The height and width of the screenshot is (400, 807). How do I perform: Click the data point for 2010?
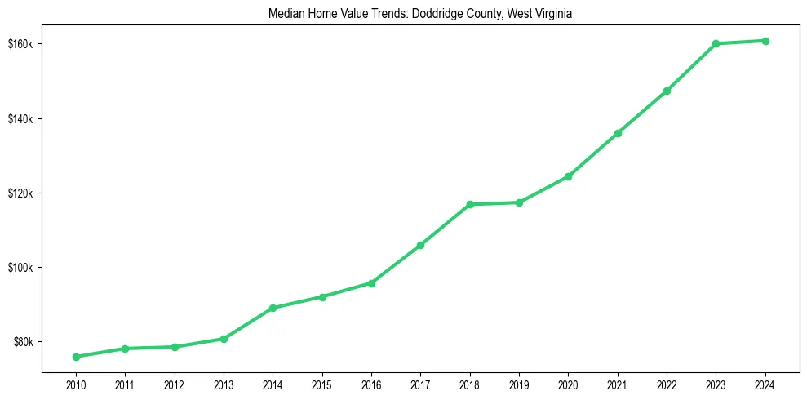[x=76, y=357]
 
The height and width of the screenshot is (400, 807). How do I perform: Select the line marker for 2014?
[x=273, y=308]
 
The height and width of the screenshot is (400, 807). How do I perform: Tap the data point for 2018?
[x=470, y=204]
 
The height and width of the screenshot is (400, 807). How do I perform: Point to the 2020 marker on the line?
[x=568, y=176]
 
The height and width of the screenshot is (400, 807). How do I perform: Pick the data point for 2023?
[x=716, y=43]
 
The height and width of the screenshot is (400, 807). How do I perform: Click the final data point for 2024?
[x=765, y=41]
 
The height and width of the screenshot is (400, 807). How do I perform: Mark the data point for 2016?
[x=371, y=283]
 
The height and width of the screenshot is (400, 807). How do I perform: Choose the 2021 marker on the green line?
[x=618, y=133]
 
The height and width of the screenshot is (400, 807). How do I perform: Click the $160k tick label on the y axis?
[x=20, y=44]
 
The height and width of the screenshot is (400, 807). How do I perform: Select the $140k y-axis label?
[x=20, y=119]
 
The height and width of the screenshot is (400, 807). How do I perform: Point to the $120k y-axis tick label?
[x=20, y=193]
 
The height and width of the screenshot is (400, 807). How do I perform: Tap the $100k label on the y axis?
[x=20, y=268]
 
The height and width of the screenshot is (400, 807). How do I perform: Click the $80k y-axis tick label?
[x=22, y=342]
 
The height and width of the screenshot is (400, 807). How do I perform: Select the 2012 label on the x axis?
[x=175, y=384]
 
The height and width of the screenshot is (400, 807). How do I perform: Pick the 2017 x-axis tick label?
[x=420, y=384]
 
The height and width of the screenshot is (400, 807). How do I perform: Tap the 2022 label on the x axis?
[x=667, y=384]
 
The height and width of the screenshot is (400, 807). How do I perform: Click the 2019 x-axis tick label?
[x=519, y=384]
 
